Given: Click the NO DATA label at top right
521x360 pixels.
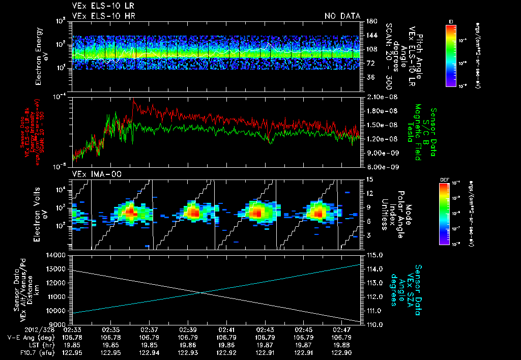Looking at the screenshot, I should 342,16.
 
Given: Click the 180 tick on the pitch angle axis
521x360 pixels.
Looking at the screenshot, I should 370,21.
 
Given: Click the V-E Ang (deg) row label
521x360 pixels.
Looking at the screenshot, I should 30,337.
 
